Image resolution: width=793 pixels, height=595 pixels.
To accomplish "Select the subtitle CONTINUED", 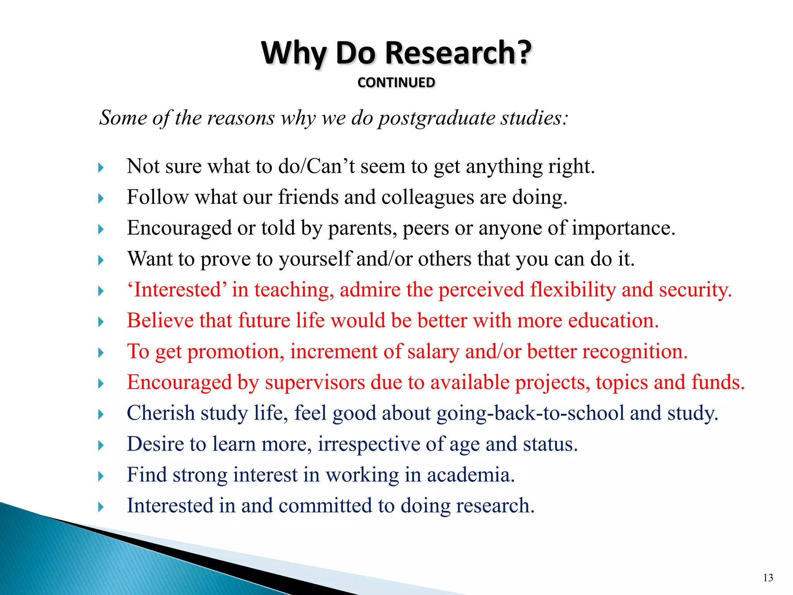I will click(x=396, y=83).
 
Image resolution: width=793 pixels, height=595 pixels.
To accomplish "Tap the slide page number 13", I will click(x=768, y=578).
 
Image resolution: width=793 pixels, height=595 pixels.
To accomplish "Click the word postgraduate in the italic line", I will click(x=436, y=118).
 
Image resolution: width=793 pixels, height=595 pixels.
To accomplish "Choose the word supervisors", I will click(x=315, y=382).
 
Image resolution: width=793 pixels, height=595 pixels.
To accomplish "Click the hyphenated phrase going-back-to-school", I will click(x=530, y=413).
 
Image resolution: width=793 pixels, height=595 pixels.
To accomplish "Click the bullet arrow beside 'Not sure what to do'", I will click(x=101, y=168).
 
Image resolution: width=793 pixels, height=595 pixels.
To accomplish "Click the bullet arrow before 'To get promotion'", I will click(x=101, y=353).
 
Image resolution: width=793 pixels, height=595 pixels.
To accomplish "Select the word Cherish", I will click(x=160, y=413).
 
